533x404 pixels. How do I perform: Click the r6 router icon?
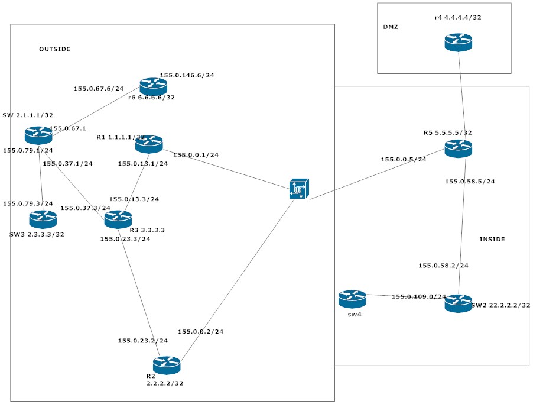154,86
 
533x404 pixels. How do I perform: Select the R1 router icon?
149,144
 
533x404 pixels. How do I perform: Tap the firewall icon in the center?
299,189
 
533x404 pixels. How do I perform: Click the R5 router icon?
459,148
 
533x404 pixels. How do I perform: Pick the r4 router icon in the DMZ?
459,43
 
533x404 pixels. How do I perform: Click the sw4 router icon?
353,299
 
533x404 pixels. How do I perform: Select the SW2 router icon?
459,303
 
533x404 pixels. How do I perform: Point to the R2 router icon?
167,365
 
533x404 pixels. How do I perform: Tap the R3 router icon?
118,219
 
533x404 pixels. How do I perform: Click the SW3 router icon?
43,219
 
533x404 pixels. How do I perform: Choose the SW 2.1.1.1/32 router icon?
38,135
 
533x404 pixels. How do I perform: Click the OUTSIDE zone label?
54,49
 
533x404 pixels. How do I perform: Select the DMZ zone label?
391,27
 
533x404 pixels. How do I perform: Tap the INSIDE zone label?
492,239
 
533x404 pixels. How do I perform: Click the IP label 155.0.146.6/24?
187,75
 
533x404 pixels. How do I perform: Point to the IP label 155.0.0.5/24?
404,159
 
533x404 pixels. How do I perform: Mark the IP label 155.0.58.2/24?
443,266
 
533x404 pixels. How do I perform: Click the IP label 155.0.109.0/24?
419,296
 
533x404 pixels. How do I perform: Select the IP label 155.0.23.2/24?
142,341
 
